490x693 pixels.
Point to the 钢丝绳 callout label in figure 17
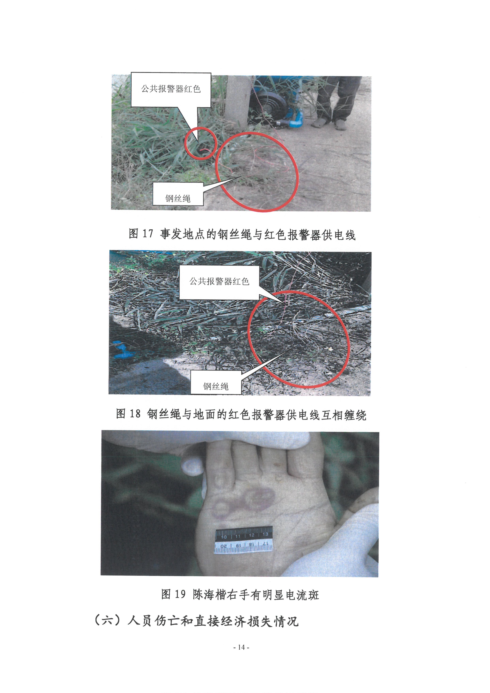(178, 198)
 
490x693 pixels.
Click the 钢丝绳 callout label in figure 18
(216, 386)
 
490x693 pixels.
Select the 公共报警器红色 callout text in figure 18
(219, 281)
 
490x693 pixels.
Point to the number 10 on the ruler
(224, 537)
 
